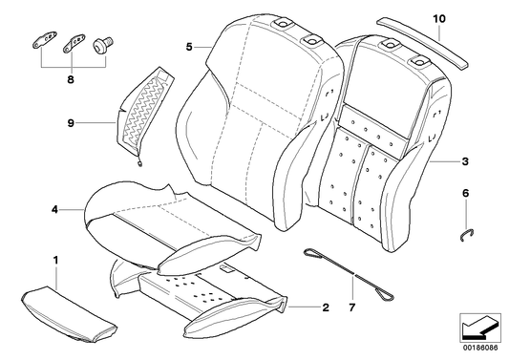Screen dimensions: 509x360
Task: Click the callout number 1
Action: [55, 260]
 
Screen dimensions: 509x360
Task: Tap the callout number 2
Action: [326, 307]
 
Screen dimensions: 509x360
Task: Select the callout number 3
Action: [465, 161]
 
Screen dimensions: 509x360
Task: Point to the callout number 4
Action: [54, 210]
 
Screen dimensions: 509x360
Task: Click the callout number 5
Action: [189, 47]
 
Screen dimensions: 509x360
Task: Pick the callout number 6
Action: [465, 194]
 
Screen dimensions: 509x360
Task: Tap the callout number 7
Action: [352, 307]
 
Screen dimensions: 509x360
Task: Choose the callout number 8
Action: [71, 79]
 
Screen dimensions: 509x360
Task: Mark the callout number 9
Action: [71, 123]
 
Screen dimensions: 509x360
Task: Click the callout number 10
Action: [439, 19]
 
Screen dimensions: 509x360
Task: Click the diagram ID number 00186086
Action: [480, 348]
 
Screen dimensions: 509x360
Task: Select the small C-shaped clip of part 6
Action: [467, 235]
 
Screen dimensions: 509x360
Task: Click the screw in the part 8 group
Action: [102, 45]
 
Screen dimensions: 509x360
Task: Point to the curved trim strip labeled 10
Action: [423, 43]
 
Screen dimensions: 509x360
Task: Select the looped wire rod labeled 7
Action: [349, 275]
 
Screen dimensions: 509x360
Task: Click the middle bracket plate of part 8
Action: [74, 42]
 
